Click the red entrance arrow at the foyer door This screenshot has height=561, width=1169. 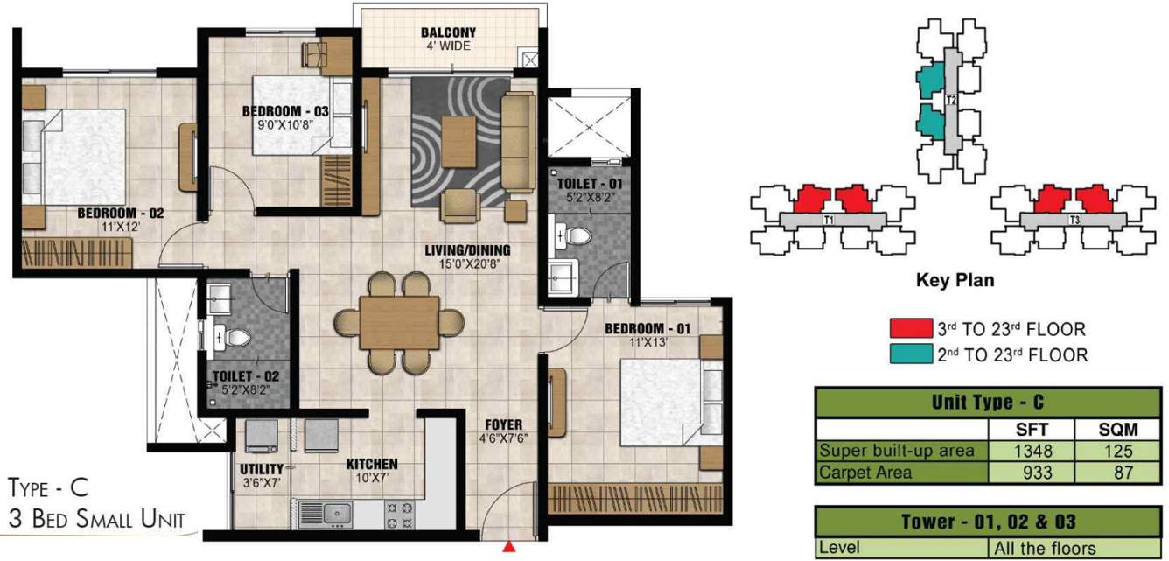(x=509, y=548)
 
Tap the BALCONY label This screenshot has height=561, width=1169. (x=448, y=33)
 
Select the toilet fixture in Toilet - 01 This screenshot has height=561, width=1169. (x=575, y=234)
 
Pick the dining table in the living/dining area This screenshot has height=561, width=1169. (x=399, y=322)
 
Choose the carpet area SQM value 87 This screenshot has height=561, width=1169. (x=1117, y=473)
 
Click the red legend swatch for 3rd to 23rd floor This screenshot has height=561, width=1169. (x=910, y=329)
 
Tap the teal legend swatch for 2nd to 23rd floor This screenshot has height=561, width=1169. (x=910, y=354)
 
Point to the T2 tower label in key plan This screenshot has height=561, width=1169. (x=952, y=101)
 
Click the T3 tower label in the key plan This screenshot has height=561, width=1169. (x=1074, y=221)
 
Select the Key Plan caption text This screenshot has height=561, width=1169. (x=955, y=281)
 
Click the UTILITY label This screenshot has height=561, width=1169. (x=261, y=469)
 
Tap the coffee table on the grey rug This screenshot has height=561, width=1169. (x=459, y=141)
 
